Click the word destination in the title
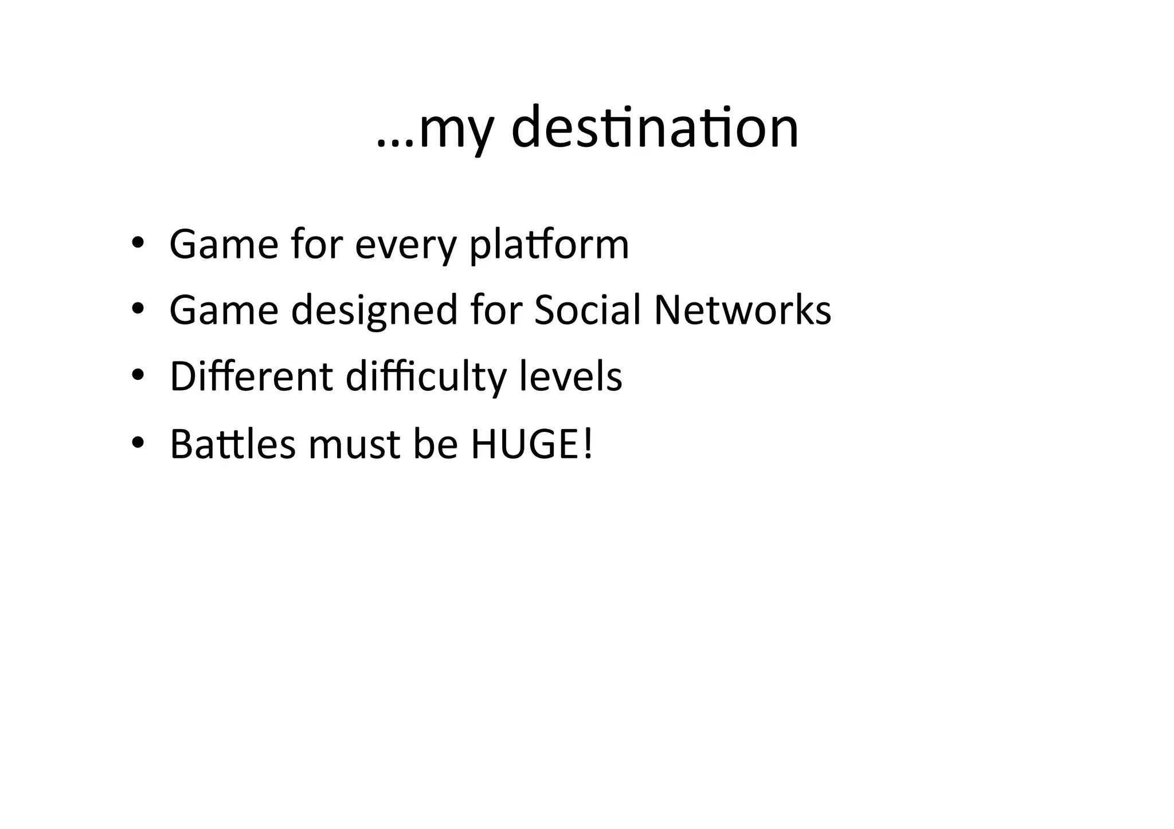point(654,128)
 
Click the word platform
point(549,245)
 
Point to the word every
point(405,246)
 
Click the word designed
point(374,311)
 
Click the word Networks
point(742,310)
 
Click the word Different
point(251,376)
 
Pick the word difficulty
point(426,378)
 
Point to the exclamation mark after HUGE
point(586,443)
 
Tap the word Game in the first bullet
point(224,245)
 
